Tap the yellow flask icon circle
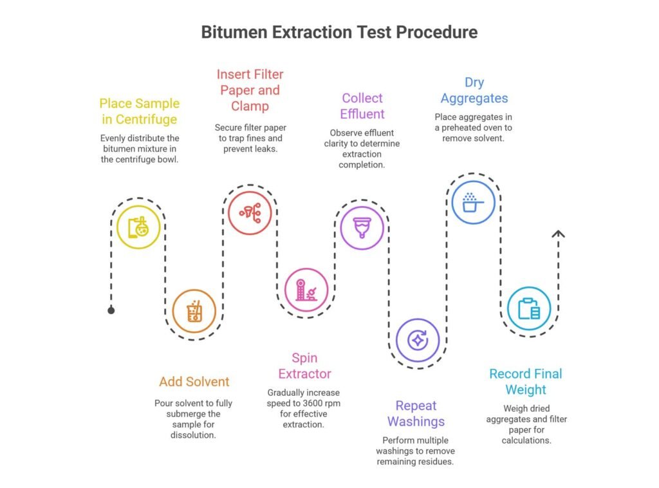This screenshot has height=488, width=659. click(x=138, y=227)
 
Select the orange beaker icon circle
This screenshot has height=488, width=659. click(x=194, y=312)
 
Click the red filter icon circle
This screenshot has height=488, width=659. click(x=250, y=212)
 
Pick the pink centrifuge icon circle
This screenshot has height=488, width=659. click(x=306, y=290)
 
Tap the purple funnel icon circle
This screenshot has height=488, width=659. click(x=362, y=227)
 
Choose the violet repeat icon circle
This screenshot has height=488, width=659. click(x=418, y=339)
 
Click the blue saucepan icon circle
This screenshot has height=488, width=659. click(x=473, y=203)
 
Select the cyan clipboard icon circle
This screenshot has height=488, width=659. click(x=529, y=309)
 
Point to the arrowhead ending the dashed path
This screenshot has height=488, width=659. click(x=559, y=234)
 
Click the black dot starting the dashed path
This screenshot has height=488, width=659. click(x=111, y=310)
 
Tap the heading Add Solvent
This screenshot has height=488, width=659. click(x=194, y=382)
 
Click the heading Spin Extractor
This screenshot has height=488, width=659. click(x=304, y=366)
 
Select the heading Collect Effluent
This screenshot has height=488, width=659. click(x=362, y=106)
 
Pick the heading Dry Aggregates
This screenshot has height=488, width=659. click(x=474, y=90)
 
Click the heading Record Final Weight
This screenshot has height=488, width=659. click(x=525, y=382)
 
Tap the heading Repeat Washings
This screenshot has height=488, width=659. click(x=416, y=413)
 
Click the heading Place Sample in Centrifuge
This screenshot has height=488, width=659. click(x=139, y=111)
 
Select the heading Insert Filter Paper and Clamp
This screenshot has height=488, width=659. click(x=250, y=89)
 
